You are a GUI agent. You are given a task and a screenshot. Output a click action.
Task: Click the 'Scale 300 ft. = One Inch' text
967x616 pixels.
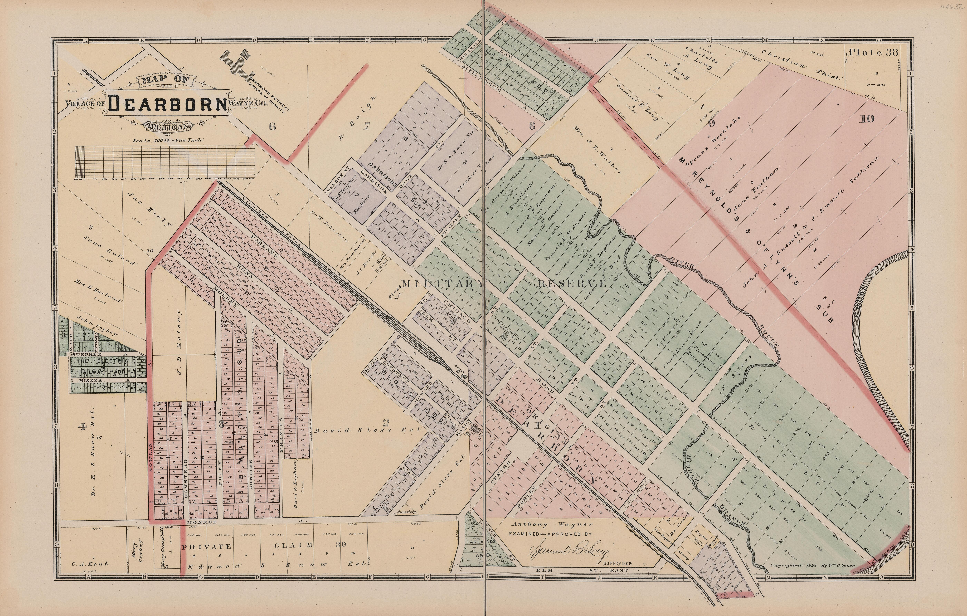pos(169,141)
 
